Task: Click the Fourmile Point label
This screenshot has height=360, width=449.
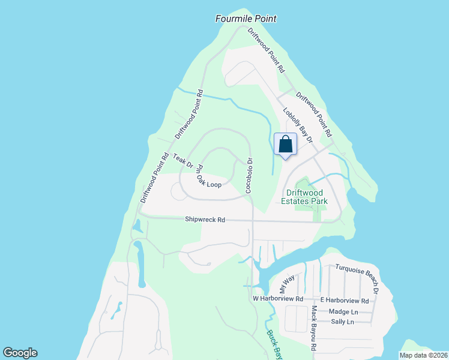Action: point(246,19)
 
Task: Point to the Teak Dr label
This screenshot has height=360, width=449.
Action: point(183,161)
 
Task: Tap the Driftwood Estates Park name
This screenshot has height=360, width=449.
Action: point(304,197)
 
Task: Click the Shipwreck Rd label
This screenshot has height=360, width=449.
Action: point(205,220)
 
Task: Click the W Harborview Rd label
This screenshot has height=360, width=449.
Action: point(277,299)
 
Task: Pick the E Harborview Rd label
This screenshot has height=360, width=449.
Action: point(344,300)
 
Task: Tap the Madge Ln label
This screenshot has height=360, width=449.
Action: point(343,311)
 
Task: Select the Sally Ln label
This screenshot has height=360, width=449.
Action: point(343,322)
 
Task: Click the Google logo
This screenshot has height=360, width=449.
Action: point(20,353)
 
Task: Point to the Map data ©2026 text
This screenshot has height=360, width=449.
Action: point(423,355)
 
